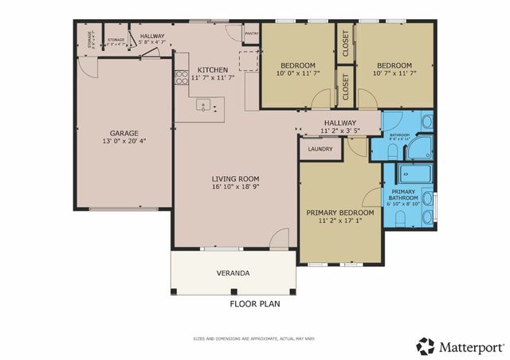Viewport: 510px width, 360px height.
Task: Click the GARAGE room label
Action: (x=124, y=133)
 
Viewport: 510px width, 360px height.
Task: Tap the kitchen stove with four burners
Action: (x=181, y=77)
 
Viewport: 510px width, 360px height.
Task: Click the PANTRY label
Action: (x=252, y=34)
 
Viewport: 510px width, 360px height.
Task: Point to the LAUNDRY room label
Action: (x=320, y=148)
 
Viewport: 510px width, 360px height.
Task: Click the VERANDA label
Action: (x=233, y=273)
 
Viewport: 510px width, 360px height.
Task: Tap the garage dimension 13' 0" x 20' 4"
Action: (x=124, y=142)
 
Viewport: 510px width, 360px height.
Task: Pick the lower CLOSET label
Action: (x=345, y=88)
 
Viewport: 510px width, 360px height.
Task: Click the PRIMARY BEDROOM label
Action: (x=340, y=213)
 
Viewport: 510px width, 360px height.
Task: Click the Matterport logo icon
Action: (x=426, y=346)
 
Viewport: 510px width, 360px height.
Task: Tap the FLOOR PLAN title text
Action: (x=254, y=303)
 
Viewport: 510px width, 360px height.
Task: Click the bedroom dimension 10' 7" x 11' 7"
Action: (x=394, y=73)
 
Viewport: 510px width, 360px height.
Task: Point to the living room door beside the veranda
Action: (x=278, y=239)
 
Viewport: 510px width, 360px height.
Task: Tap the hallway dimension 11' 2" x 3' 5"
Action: (x=340, y=130)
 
